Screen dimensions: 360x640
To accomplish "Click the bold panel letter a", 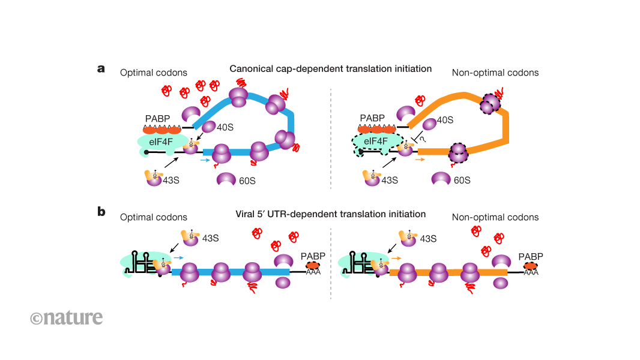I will pyautogui.click(x=101, y=68).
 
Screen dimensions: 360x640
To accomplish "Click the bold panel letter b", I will pyautogui.click(x=101, y=212).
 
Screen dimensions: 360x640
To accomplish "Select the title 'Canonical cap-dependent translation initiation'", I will pyautogui.click(x=330, y=69).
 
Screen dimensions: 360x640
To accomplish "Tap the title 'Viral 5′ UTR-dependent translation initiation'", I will pyautogui.click(x=330, y=214).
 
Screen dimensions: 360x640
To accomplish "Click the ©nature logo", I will pyautogui.click(x=66, y=317).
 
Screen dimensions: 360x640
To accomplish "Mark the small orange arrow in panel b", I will pyautogui.click(x=396, y=257).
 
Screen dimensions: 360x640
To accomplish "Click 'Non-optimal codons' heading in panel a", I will pyautogui.click(x=495, y=73).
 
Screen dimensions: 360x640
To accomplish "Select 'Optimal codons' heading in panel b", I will pyautogui.click(x=154, y=217).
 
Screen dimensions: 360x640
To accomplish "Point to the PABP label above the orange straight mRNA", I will pyautogui.click(x=531, y=256).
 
